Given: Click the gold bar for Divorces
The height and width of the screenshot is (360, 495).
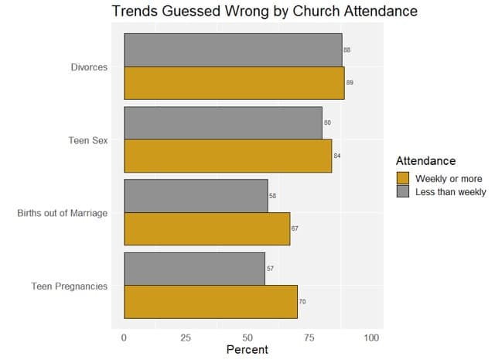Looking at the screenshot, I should click(x=234, y=82).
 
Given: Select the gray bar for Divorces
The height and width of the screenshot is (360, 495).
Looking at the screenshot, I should click(x=232, y=50).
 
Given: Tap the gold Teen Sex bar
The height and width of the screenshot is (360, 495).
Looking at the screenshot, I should click(x=227, y=156).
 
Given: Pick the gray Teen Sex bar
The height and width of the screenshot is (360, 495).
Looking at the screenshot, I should click(x=223, y=123).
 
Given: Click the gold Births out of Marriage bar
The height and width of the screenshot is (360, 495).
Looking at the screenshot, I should click(x=207, y=228).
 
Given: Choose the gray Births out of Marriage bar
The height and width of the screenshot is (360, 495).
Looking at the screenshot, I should click(x=196, y=196).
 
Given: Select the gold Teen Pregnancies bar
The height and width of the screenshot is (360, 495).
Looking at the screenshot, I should click(x=210, y=301).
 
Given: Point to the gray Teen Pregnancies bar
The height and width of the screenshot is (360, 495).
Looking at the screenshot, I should click(x=194, y=269).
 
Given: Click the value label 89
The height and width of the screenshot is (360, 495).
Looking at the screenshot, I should click(x=350, y=82).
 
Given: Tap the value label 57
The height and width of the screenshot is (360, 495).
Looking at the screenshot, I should click(x=270, y=269).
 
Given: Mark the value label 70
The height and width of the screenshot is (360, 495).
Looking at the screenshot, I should click(x=302, y=301).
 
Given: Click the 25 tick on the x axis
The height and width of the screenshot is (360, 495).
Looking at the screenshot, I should click(x=186, y=338).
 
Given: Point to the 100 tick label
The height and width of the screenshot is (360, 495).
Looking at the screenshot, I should click(x=371, y=338).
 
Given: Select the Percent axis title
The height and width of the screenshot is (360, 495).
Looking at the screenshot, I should click(x=247, y=350).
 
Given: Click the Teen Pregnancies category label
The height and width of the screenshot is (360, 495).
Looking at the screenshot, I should click(x=69, y=286).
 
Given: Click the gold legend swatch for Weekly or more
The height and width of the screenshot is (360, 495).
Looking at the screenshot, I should click(x=403, y=178).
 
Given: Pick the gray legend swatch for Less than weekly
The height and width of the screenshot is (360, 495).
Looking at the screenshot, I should click(x=403, y=191).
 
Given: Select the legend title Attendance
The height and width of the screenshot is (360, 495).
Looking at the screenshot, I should click(x=425, y=161).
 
